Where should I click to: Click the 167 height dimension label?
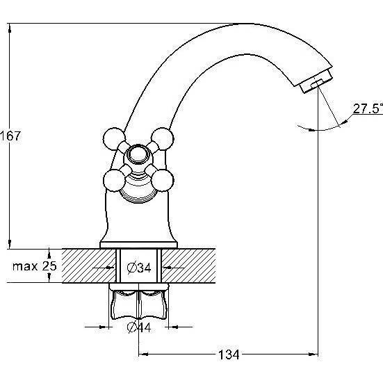10,136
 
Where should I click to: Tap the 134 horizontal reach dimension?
229,355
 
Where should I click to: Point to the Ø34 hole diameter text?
139,268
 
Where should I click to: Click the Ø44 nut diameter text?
139,327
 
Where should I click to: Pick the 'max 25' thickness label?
35,266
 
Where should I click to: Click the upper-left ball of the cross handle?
114,139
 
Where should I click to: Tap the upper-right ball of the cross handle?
163,139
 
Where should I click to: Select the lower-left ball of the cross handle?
115,181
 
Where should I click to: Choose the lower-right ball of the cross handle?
163,181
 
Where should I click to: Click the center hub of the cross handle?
138,155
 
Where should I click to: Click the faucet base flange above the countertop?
139,245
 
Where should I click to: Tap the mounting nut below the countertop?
138,301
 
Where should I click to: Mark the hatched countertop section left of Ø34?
89,266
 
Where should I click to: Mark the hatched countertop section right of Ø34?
188,266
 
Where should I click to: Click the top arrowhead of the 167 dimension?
10,28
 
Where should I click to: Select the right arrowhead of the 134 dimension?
313,354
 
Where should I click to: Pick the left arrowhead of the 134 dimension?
143,354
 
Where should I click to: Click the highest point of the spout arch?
244,24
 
